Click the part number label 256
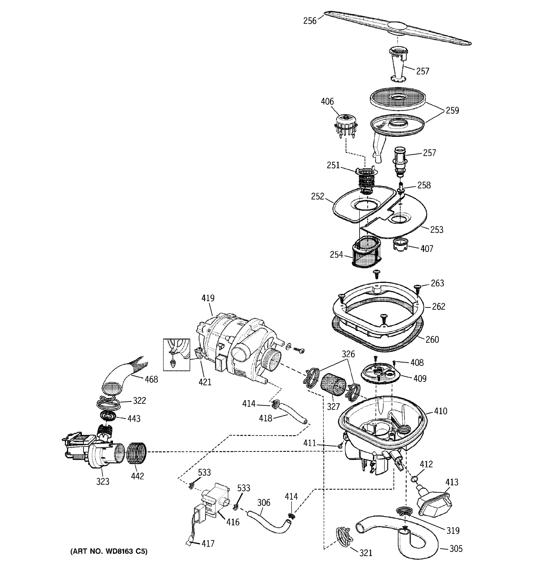pos(310,21)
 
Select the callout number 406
pos(327,102)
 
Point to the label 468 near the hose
pos(151,379)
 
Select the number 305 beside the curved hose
pos(456,549)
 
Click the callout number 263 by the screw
pos(437,283)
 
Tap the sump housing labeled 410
pos(382,426)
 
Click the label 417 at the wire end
pos(208,543)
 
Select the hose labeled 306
pos(268,522)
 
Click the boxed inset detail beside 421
pos(176,354)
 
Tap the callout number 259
pos(452,111)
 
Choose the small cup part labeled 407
pos(400,245)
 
